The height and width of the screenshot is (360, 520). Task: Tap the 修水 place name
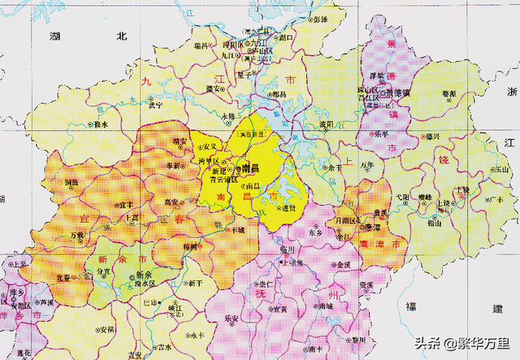(x=100, y=124)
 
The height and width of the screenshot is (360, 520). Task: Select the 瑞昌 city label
(x=200, y=47)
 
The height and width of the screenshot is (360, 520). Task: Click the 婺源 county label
(x=448, y=94)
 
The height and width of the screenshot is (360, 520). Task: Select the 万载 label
(x=77, y=235)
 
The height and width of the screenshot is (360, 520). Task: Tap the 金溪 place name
(x=343, y=265)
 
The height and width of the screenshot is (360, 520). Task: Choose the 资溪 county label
(x=367, y=285)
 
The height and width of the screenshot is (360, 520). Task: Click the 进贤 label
(x=288, y=208)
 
